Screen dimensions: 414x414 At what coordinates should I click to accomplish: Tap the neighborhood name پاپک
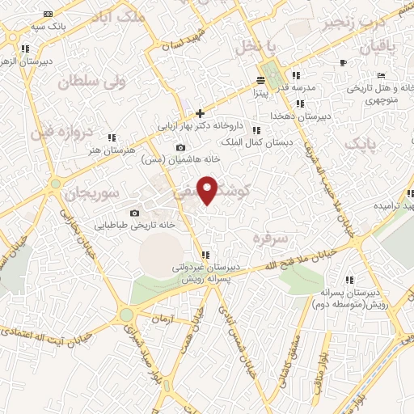(361, 143)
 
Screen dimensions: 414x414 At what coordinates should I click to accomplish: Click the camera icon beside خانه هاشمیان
(180, 147)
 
